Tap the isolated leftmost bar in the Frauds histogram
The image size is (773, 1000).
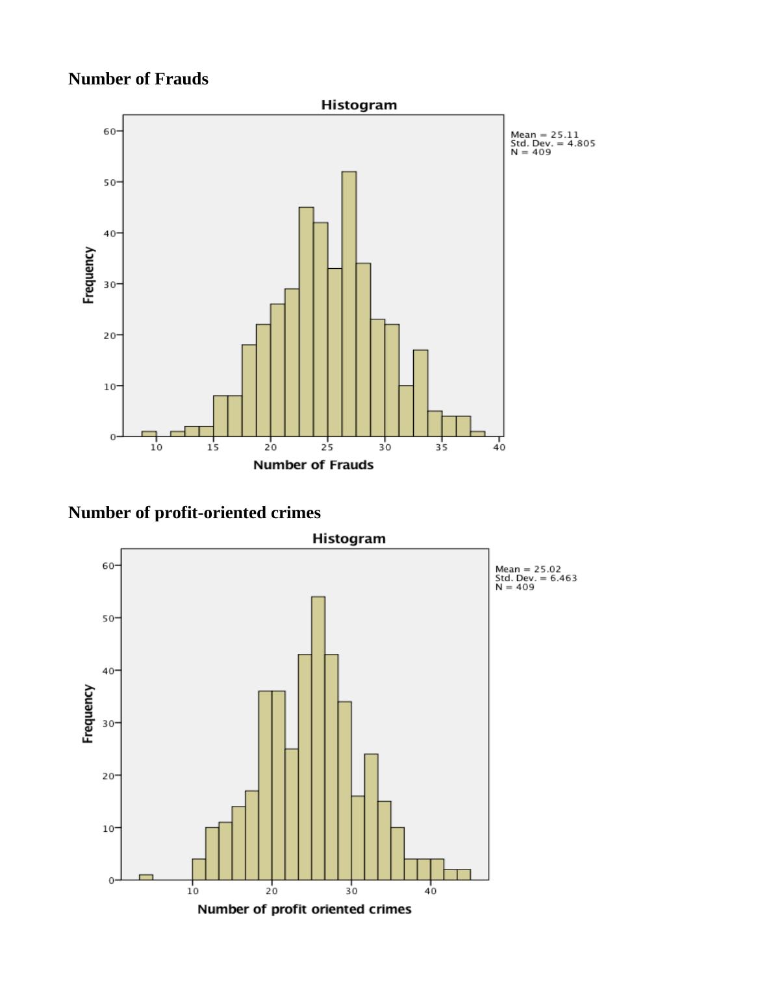(x=149, y=434)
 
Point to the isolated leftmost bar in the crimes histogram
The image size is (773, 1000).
(x=146, y=877)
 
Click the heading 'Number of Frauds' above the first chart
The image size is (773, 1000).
(x=138, y=79)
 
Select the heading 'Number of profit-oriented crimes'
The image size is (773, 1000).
(x=194, y=513)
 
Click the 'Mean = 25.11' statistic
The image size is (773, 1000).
(x=544, y=135)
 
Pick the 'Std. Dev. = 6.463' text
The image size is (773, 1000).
(x=536, y=578)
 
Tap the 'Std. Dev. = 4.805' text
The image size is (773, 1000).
(x=553, y=144)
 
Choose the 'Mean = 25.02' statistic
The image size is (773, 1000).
(x=528, y=569)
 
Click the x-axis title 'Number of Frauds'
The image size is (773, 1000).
(x=313, y=465)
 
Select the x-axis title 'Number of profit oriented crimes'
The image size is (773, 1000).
(x=304, y=909)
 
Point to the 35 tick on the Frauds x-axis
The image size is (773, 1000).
(x=442, y=447)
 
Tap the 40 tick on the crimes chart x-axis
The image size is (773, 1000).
(x=431, y=891)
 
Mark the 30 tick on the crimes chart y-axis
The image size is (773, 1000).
(x=108, y=723)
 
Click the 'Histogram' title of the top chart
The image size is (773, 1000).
(x=359, y=105)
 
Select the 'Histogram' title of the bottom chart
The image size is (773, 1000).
(x=349, y=539)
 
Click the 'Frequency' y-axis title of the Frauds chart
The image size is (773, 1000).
(x=89, y=275)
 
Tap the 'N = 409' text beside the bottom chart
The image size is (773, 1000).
(x=514, y=587)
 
